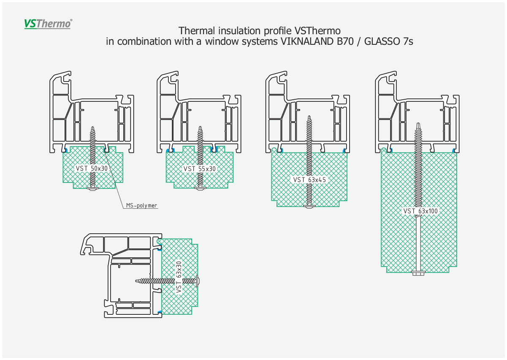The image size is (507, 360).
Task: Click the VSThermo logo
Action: click(48, 24)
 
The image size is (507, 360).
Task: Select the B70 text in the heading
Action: click(345, 41)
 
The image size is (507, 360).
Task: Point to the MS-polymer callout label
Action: click(141, 205)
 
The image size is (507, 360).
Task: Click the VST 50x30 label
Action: click(92, 168)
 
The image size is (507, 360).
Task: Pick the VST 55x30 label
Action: click(199, 169)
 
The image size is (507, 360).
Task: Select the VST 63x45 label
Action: click(309, 180)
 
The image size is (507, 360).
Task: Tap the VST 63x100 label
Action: click(420, 211)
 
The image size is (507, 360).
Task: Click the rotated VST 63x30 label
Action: click(179, 277)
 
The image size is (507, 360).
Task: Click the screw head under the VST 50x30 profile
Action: click(92, 188)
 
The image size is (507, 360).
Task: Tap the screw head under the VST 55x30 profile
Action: click(200, 188)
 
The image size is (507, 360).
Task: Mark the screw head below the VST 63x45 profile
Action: click(309, 206)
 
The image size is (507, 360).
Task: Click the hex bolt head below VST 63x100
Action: click(419, 273)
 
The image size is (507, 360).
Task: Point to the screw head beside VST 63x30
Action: click(198, 281)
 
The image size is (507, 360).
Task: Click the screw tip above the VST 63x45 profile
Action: click(309, 117)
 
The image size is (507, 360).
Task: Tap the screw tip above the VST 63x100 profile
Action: click(418, 124)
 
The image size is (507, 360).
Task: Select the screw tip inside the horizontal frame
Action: click(137, 281)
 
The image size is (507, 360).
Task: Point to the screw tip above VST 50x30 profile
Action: click(92, 128)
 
